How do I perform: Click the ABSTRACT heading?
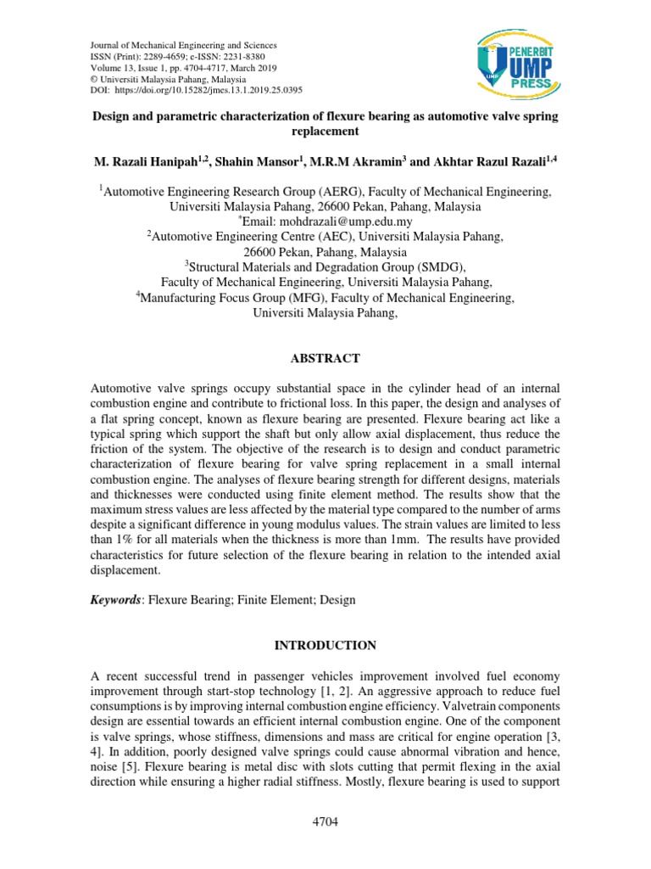[325, 359]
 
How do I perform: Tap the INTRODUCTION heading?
[325, 646]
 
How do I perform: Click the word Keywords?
[115, 600]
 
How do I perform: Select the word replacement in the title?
[325, 132]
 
